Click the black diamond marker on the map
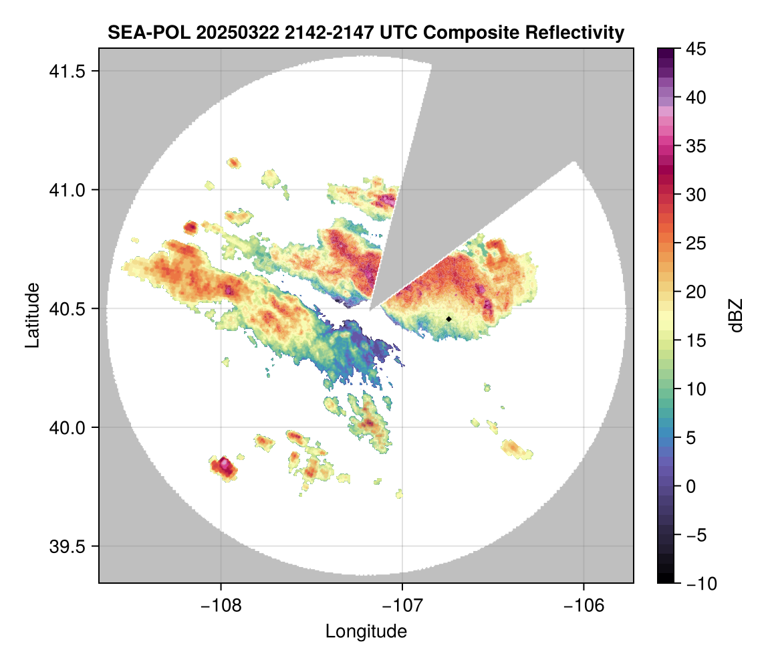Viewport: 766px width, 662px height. coord(449,319)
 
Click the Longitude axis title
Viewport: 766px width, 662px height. coord(366,631)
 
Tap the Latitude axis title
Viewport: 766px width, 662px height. coord(32,314)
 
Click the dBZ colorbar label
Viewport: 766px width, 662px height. coord(736,316)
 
